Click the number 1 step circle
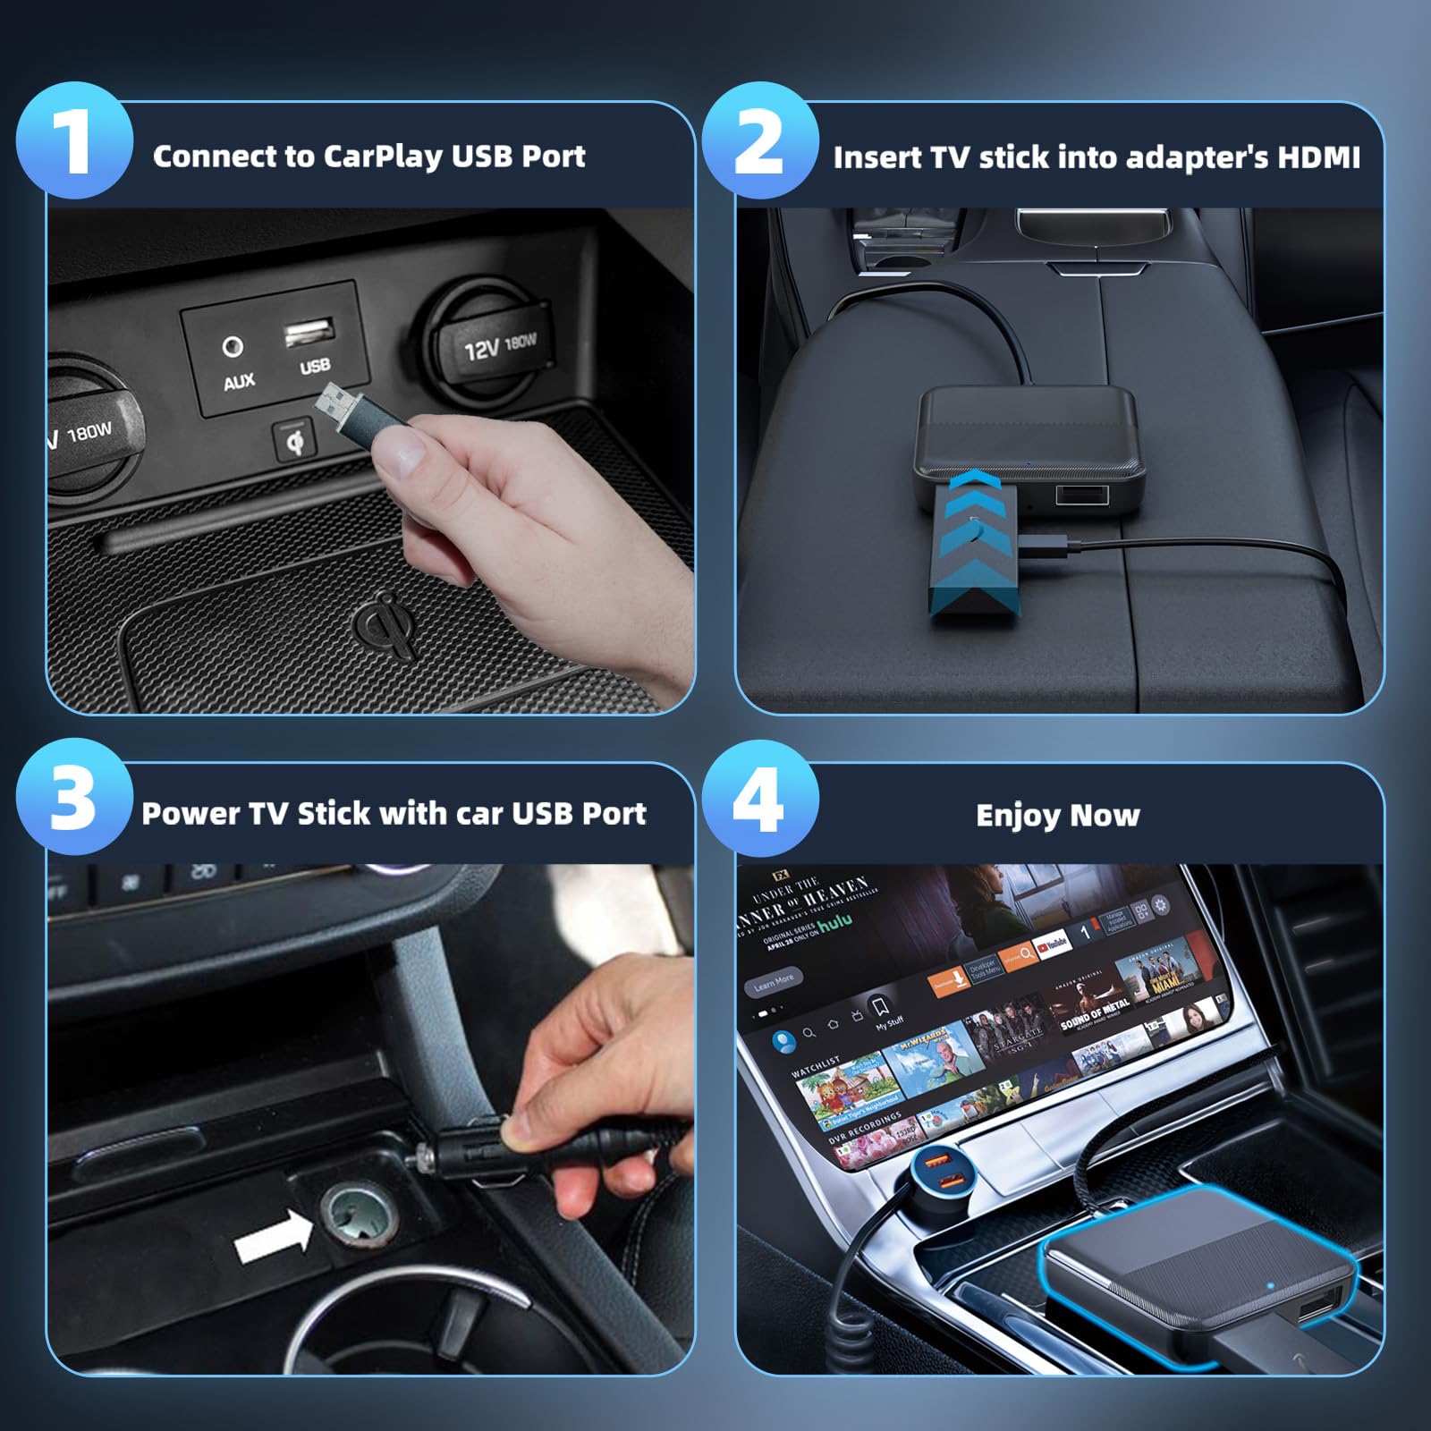pyautogui.click(x=75, y=141)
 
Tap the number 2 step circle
pyautogui.click(x=759, y=141)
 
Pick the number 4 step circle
pyautogui.click(x=759, y=799)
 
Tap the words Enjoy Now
pyautogui.click(x=1057, y=815)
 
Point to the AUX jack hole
pyautogui.click(x=233, y=346)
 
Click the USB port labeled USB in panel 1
pyautogui.click(x=309, y=333)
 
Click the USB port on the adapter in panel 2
pyautogui.click(x=1082, y=494)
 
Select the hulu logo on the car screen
pyautogui.click(x=835, y=922)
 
